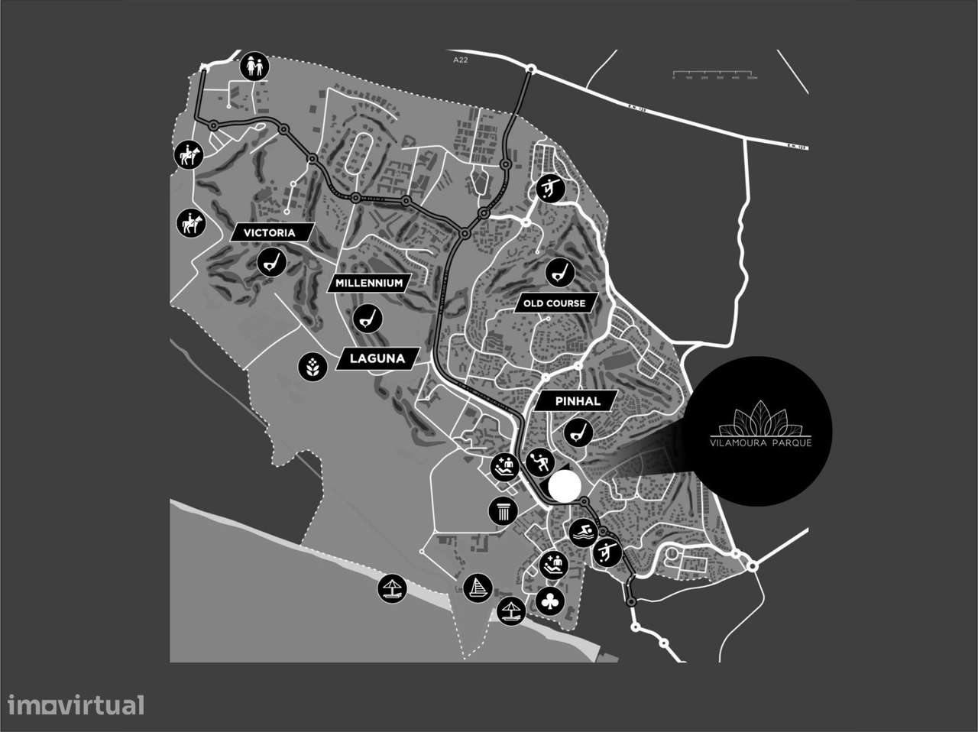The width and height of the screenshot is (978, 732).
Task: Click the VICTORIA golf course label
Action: (269, 232)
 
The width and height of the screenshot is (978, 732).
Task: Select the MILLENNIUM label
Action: (368, 283)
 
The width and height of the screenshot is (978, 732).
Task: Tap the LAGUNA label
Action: (378, 358)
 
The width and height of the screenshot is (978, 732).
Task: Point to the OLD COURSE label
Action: (554, 303)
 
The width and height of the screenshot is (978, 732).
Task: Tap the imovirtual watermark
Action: (76, 704)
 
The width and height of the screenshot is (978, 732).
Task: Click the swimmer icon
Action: (583, 532)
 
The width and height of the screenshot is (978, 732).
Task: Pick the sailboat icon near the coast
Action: (478, 588)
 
